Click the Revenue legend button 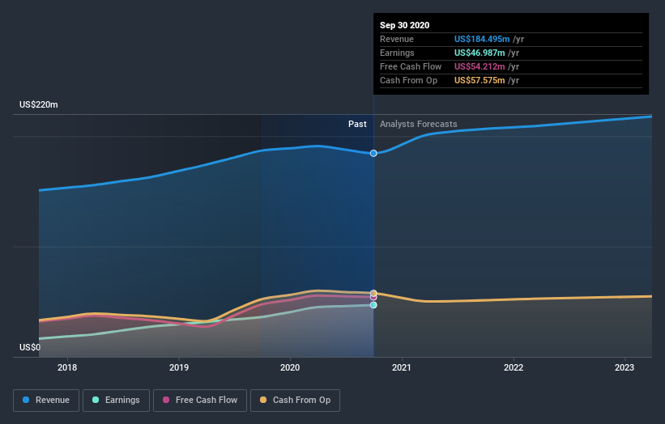[47, 400]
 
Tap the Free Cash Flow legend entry [200, 400]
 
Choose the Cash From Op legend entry [296, 400]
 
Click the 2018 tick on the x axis [68, 367]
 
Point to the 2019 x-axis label [179, 367]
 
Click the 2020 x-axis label [290, 367]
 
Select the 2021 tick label [402, 367]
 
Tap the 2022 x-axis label [514, 367]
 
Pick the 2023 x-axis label [625, 367]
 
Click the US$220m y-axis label [39, 105]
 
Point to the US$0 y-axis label [30, 348]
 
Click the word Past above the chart [357, 124]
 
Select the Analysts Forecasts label [418, 124]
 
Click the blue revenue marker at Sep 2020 [373, 153]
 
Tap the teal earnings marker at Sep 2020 [373, 305]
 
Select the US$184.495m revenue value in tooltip [481, 39]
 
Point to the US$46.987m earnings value [479, 53]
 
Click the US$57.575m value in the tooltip [479, 80]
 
